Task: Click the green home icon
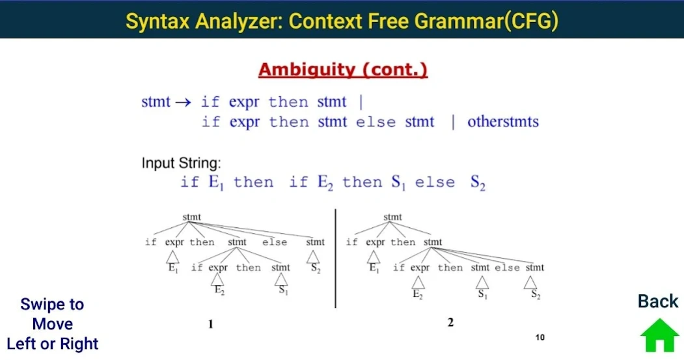pyautogui.click(x=659, y=335)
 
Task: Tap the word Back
pyautogui.click(x=658, y=301)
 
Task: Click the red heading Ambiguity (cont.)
pyautogui.click(x=343, y=70)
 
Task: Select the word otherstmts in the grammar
pyautogui.click(x=503, y=121)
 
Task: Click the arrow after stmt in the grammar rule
pyautogui.click(x=184, y=103)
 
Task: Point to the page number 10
pyautogui.click(x=540, y=337)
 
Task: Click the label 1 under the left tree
pyautogui.click(x=211, y=324)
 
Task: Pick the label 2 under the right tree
pyautogui.click(x=450, y=322)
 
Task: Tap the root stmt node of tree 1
pyautogui.click(x=191, y=217)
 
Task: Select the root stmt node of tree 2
pyautogui.click(x=392, y=217)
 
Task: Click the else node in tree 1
pyautogui.click(x=275, y=242)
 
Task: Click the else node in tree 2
pyautogui.click(x=508, y=268)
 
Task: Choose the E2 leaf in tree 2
pyautogui.click(x=417, y=294)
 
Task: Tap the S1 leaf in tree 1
pyautogui.click(x=283, y=290)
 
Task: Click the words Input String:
pyautogui.click(x=181, y=163)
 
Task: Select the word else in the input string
pyautogui.click(x=435, y=182)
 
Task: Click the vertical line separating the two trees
pyautogui.click(x=335, y=258)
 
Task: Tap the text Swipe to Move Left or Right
pyautogui.click(x=52, y=324)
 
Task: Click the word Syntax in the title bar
pyautogui.click(x=157, y=21)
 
